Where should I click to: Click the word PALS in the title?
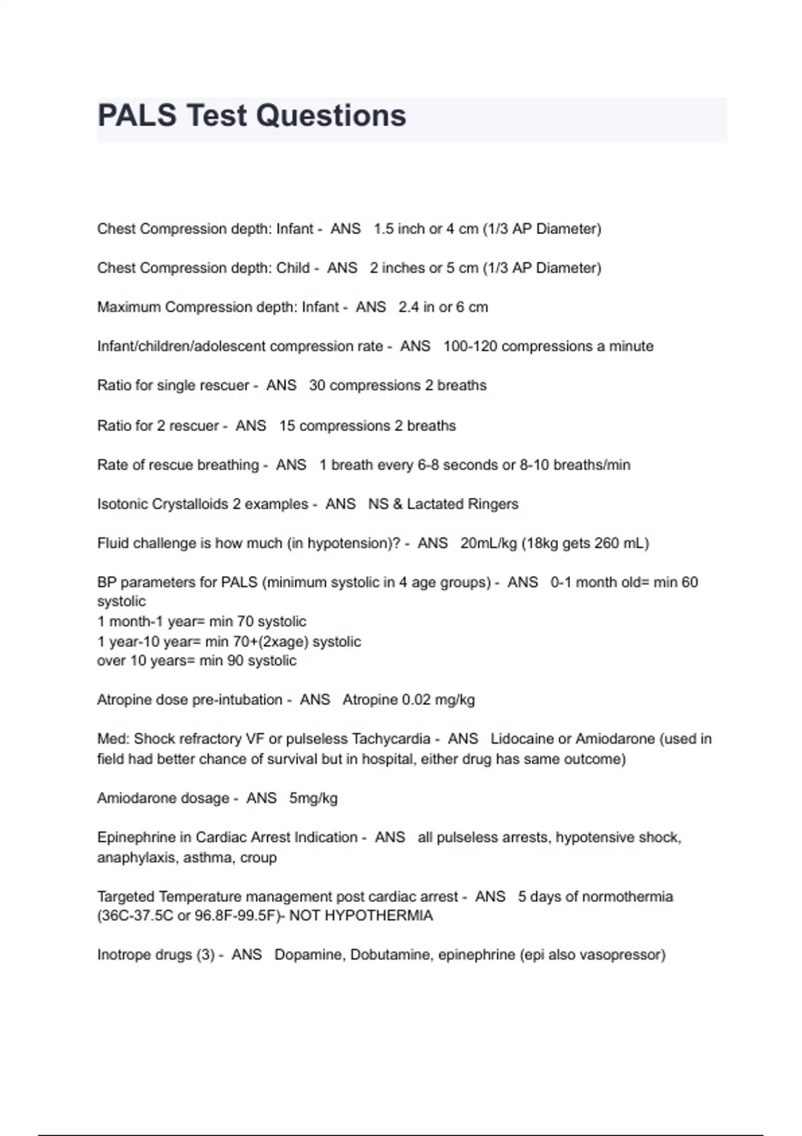(x=138, y=116)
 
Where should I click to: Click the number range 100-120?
(x=470, y=346)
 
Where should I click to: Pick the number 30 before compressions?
(x=317, y=386)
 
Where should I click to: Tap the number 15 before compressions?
(x=287, y=426)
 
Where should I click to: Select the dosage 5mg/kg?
(x=313, y=799)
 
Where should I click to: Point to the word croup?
(x=258, y=858)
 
